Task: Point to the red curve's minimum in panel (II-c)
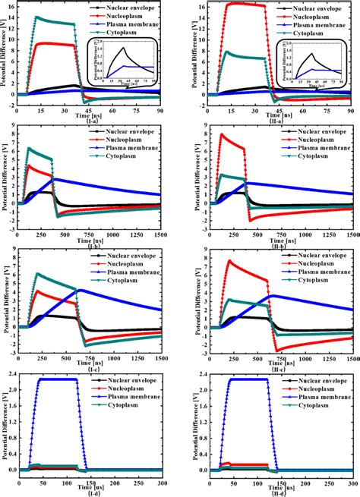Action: [279, 351]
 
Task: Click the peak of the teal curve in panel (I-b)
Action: [29, 148]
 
